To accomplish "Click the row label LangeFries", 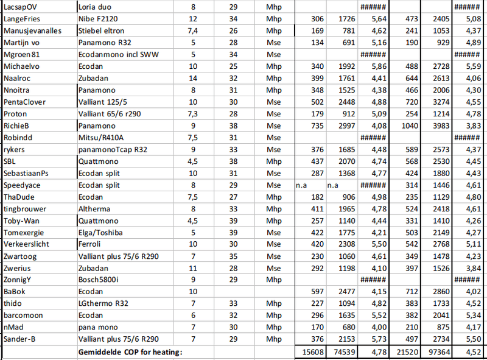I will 21,19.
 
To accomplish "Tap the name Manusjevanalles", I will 32,31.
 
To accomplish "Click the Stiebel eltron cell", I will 102,31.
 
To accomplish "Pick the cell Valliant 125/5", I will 105,102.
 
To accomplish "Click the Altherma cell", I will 94,208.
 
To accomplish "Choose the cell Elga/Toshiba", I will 102,232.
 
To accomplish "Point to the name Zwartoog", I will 21,256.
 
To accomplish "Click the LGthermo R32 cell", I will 104,303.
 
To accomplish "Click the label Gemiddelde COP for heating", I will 130,352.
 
